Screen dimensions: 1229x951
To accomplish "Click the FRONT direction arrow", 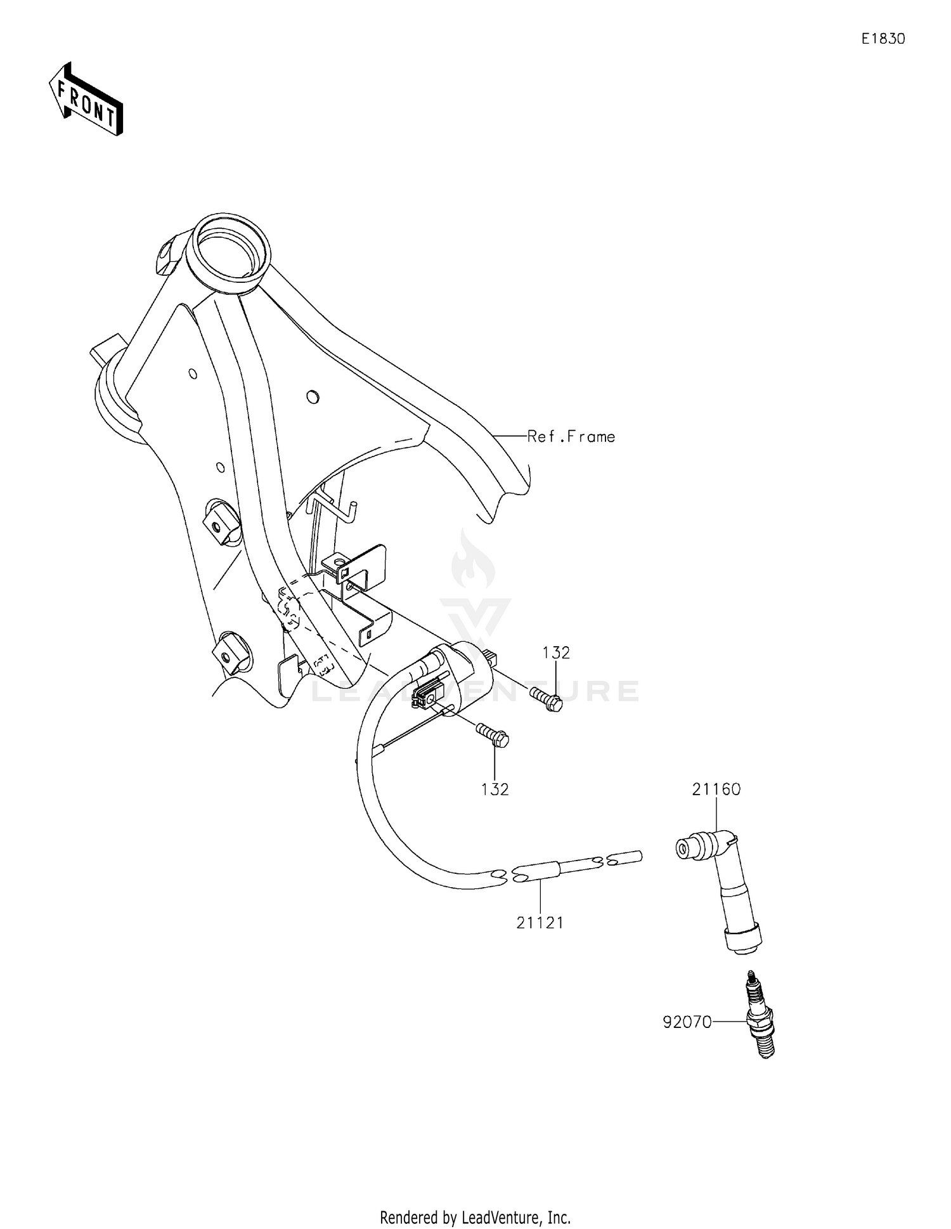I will point(86,99).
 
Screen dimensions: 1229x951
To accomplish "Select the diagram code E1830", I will point(883,39).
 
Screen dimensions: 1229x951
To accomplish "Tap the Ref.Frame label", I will point(571,436).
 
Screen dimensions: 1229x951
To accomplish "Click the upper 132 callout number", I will point(556,653).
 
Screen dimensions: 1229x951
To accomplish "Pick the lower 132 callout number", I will point(495,789).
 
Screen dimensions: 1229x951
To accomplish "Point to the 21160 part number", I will point(716,789).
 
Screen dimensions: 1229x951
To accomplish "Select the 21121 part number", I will point(540,923).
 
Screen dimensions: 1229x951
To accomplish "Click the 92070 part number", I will point(687,1022).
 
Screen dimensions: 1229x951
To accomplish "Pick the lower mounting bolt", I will point(493,736).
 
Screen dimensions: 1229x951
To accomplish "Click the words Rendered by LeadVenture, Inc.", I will point(475,1200).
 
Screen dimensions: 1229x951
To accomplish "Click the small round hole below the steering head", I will point(312,398).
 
